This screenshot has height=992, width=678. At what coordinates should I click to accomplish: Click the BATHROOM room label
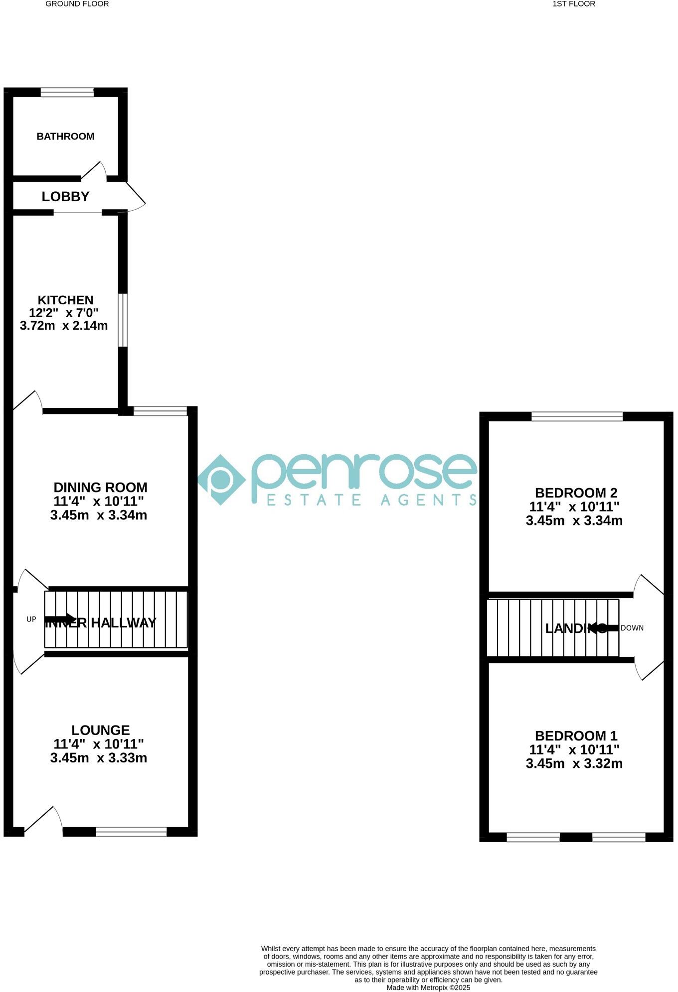point(65,136)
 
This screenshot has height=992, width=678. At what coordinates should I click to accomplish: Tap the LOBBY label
point(65,197)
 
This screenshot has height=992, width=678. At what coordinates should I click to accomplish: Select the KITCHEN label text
point(65,300)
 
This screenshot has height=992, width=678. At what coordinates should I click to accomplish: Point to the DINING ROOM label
point(100,488)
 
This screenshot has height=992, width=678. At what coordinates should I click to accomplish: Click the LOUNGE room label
point(100,730)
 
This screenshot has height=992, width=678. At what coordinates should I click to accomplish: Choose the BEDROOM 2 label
point(576,493)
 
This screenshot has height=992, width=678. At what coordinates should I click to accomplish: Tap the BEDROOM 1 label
point(576,736)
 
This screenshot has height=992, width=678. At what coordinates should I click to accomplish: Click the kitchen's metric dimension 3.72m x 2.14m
point(64,326)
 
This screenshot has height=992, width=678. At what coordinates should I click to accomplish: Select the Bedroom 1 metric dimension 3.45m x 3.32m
point(574,763)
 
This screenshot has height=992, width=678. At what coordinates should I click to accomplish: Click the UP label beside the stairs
point(31,620)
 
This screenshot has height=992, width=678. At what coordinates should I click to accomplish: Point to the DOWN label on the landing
point(632,628)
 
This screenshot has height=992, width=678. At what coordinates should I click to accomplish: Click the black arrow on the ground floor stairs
point(60,619)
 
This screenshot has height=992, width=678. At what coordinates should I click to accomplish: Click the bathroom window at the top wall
point(67,92)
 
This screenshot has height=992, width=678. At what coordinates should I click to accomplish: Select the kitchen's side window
point(123,320)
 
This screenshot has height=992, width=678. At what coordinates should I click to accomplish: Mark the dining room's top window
point(160,411)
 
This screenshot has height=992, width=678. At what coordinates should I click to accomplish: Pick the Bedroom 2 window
point(577,416)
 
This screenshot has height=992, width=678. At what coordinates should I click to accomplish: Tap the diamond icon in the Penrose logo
point(221,480)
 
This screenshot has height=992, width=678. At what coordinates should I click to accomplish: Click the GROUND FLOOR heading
point(77,4)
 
